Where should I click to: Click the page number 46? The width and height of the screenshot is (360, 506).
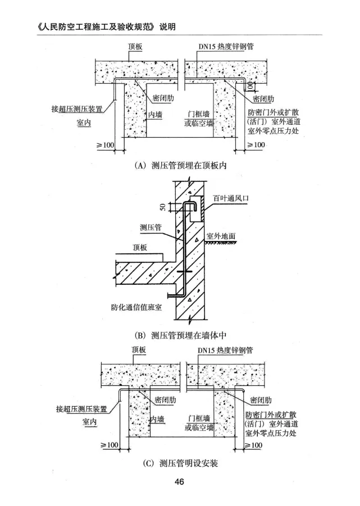(x=180, y=482)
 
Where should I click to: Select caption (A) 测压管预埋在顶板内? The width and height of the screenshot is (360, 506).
(x=180, y=165)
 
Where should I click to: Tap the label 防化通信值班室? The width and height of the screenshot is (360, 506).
(x=139, y=307)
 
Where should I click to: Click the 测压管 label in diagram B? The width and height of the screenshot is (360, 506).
(x=151, y=227)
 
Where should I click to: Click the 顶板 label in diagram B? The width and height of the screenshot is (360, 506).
(x=140, y=247)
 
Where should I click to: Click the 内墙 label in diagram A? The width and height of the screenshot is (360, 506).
(x=155, y=113)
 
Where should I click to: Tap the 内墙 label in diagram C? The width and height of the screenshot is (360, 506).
(x=157, y=420)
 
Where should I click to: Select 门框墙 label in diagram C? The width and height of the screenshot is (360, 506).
(x=199, y=418)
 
